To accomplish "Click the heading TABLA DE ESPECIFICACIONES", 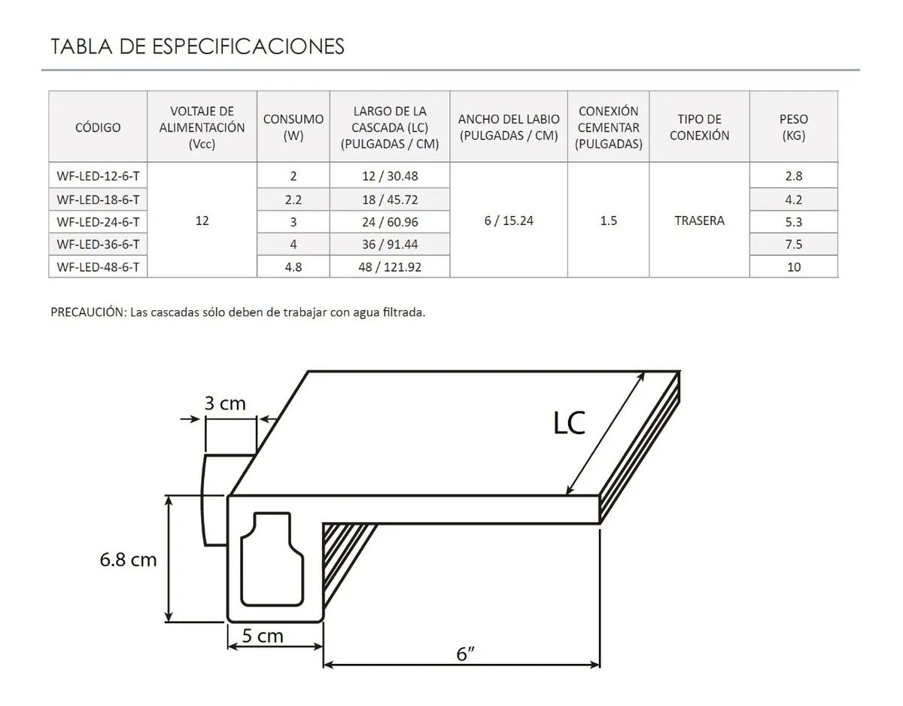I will pyautogui.click(x=197, y=46).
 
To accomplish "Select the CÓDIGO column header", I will pyautogui.click(x=98, y=127).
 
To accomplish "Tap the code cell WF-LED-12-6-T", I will pyautogui.click(x=98, y=176).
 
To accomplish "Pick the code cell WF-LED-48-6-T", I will pyautogui.click(x=98, y=267).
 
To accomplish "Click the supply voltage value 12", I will pyautogui.click(x=202, y=221).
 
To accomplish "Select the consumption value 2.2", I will pyautogui.click(x=293, y=199).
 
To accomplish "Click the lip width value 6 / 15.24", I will pyautogui.click(x=509, y=221).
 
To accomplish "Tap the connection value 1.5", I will pyautogui.click(x=609, y=221).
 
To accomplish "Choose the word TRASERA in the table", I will pyautogui.click(x=699, y=221).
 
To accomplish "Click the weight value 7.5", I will pyautogui.click(x=793, y=245).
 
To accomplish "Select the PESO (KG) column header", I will pyautogui.click(x=793, y=127).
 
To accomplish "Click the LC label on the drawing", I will pyautogui.click(x=569, y=424).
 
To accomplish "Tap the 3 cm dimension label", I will pyautogui.click(x=225, y=403).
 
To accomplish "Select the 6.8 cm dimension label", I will pyautogui.click(x=128, y=559).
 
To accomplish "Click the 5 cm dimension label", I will pyautogui.click(x=263, y=636).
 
